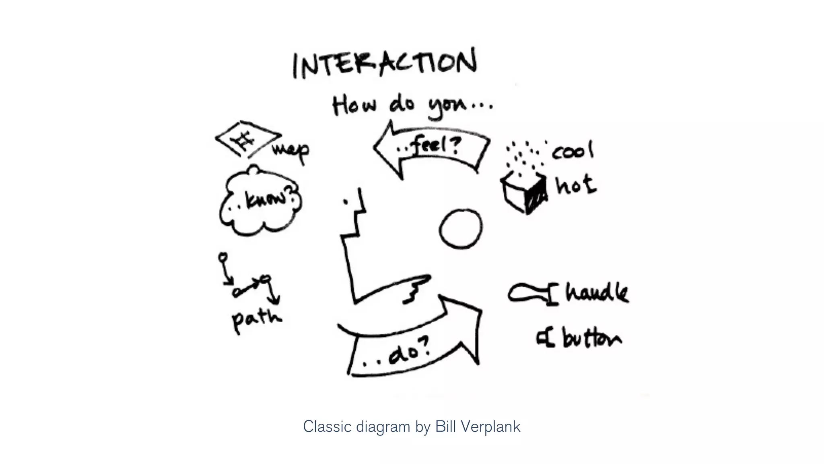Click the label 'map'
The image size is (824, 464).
click(291, 151)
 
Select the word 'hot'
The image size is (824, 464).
click(576, 186)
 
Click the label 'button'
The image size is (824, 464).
click(592, 338)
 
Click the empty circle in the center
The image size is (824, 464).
click(460, 228)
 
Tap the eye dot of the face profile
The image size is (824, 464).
click(346, 202)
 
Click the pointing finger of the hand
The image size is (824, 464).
click(418, 280)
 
